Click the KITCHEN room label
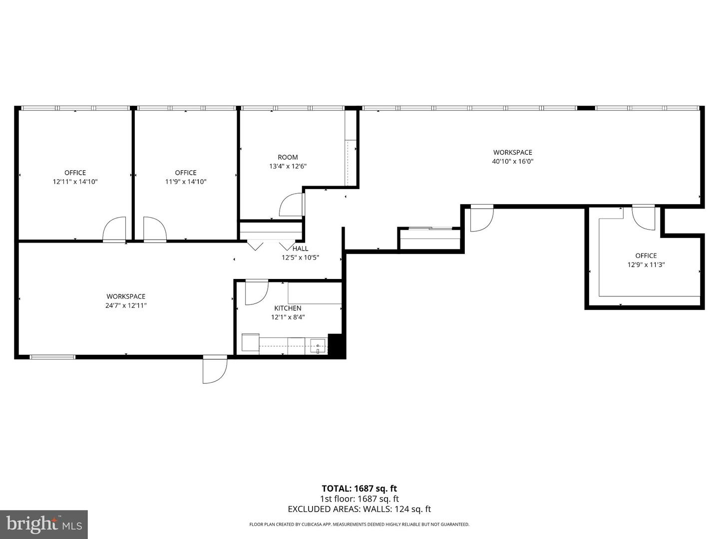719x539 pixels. [288, 308]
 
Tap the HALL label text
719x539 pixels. [301, 249]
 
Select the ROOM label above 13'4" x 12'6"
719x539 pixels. [288, 157]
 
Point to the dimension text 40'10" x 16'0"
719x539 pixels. [513, 161]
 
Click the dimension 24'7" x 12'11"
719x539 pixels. [126, 305]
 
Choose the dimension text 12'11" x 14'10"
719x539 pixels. [75, 182]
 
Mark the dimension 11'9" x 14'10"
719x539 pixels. [186, 182]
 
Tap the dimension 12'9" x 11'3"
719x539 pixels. [646, 265]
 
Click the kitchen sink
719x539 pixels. [318, 346]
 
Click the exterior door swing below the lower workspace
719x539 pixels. [215, 369]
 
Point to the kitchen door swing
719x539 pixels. [257, 292]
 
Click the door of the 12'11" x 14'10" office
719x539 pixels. [114, 229]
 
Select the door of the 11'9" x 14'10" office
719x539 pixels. [155, 229]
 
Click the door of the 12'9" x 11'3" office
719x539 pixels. [643, 218]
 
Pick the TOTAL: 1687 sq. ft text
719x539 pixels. [359, 489]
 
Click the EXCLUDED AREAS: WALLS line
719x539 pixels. [359, 509]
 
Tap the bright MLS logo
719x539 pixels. [44, 524]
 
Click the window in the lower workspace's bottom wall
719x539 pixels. [52, 357]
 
